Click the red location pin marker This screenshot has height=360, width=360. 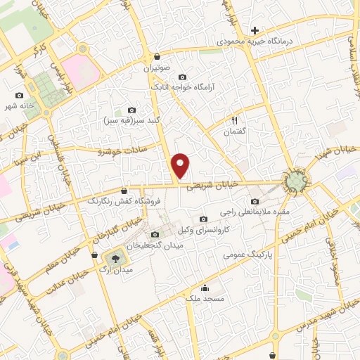click(x=181, y=165)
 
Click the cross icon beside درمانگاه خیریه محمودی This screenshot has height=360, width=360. click(x=255, y=30)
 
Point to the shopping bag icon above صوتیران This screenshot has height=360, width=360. click(x=156, y=57)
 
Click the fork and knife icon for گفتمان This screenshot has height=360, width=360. click(x=235, y=118)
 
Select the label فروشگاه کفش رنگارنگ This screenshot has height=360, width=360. click(x=124, y=201)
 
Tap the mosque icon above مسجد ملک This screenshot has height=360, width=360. click(x=205, y=288)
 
